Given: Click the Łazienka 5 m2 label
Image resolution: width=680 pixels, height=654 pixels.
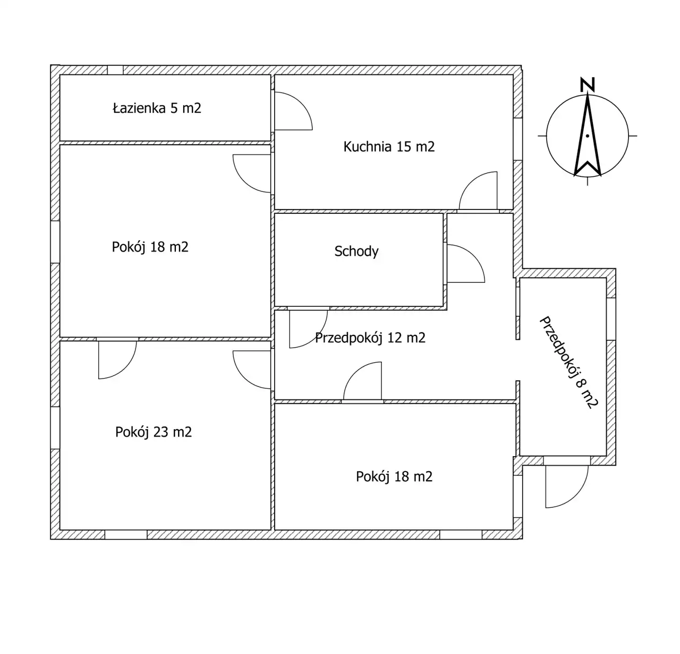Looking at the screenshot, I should coord(157,108).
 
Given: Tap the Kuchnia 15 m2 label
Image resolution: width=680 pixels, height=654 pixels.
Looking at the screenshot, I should coord(389,147).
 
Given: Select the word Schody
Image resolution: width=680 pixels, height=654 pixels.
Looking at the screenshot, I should coord(356,251).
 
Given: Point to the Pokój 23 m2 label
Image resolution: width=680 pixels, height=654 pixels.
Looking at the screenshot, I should coord(153,432).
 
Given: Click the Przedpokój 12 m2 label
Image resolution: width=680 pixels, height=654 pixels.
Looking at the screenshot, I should coord(370,338).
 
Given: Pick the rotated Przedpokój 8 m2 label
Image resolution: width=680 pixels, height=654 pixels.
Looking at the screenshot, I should coord(568,362).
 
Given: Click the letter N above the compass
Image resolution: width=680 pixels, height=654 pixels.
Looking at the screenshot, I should coord(587,85).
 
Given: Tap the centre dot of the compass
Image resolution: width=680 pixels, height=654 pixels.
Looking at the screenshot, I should coord(588,136).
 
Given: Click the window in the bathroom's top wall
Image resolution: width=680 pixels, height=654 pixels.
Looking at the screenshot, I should coord(115,70).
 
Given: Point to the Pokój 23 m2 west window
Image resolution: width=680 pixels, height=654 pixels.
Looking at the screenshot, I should coord(55,428).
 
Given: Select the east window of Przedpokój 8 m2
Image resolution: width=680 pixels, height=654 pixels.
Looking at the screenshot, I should coord(611,318).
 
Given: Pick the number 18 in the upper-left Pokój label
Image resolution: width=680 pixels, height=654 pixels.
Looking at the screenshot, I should coord(158,247).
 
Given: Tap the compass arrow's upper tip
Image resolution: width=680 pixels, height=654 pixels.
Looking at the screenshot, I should coord(588,96).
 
